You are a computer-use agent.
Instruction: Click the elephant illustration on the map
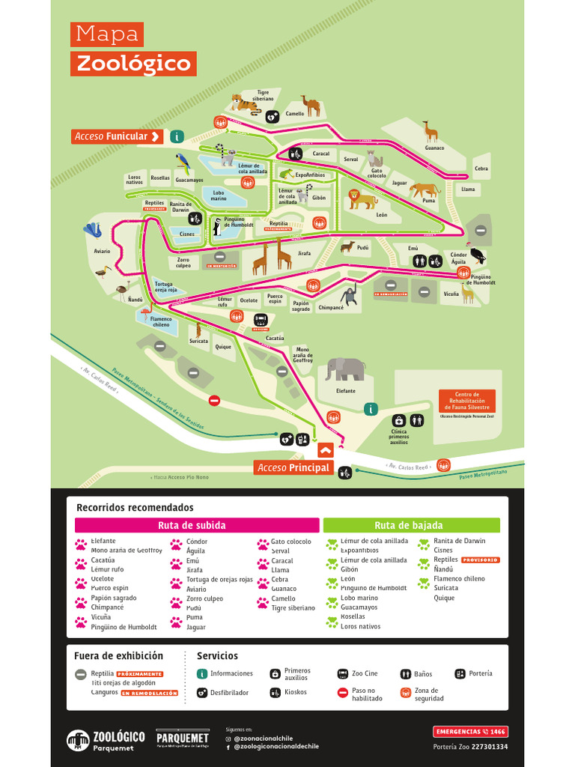(345, 369)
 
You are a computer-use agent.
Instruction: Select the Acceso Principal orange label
(293, 467)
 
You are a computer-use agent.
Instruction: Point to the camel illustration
(311, 105)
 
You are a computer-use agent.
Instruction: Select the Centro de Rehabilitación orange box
(466, 401)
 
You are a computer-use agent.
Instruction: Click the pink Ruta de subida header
(197, 525)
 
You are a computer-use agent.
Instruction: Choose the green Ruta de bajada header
(411, 525)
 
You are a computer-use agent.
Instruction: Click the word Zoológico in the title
(134, 64)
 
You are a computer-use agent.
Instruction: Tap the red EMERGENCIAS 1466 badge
(470, 731)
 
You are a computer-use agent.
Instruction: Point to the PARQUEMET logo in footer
(182, 739)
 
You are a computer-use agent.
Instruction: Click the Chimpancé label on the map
(330, 308)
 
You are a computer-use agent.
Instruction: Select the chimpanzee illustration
(349, 295)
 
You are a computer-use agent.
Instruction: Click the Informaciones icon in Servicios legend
(201, 674)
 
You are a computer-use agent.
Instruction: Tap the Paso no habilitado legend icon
(342, 694)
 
